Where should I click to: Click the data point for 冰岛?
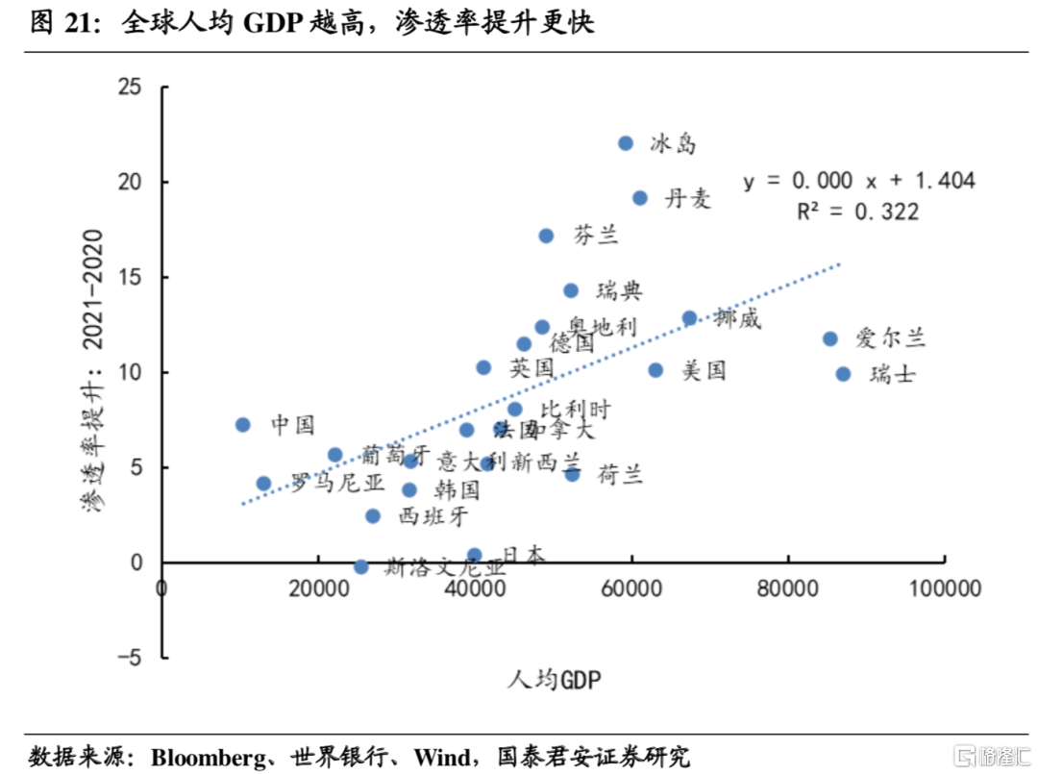(x=626, y=143)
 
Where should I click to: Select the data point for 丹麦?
(x=640, y=198)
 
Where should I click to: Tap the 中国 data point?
(x=243, y=425)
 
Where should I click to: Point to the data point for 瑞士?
(x=843, y=374)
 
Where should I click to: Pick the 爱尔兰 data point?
(x=830, y=338)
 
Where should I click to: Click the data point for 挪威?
(x=689, y=318)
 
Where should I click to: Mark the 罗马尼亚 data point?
(x=263, y=484)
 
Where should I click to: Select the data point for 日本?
(x=474, y=556)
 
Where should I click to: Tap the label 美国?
(x=704, y=370)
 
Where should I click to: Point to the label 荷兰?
(x=620, y=473)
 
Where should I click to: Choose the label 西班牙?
(x=432, y=516)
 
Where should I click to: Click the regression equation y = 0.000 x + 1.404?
(x=859, y=181)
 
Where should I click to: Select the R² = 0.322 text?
(x=857, y=212)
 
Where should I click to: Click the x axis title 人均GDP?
(x=554, y=680)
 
